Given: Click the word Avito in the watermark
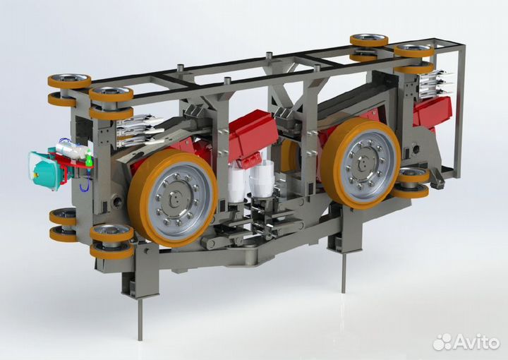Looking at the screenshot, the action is pyautogui.click(x=477, y=342).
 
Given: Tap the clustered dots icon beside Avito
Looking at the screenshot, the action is pyautogui.click(x=442, y=342).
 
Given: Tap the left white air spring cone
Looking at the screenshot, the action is pyautogui.click(x=236, y=183).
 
